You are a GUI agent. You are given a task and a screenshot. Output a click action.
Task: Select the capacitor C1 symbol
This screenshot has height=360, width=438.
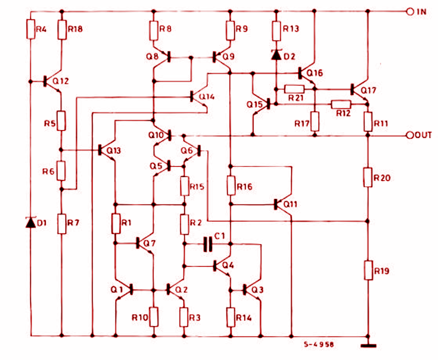208,243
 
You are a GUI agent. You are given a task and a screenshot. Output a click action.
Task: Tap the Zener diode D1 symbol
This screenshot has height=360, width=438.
31,223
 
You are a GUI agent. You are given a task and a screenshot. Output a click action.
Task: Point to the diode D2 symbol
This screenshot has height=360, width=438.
276,54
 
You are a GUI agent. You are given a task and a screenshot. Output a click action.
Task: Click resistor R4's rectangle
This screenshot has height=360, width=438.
31,30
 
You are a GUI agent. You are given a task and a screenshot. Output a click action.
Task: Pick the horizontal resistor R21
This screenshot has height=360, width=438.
294,88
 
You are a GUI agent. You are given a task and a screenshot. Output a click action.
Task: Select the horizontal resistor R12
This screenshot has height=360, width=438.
341,105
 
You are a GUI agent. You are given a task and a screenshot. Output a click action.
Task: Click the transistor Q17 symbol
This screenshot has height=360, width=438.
358,89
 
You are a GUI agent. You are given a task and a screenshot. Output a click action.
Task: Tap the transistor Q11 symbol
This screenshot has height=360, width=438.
281,204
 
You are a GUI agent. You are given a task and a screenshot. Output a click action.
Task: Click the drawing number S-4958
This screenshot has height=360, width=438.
319,344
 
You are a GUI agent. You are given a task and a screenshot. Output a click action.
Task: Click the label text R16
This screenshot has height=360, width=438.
244,186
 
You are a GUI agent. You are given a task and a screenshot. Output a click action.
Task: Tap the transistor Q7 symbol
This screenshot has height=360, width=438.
144,243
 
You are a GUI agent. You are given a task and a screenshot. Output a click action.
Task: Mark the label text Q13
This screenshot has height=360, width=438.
113,151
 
